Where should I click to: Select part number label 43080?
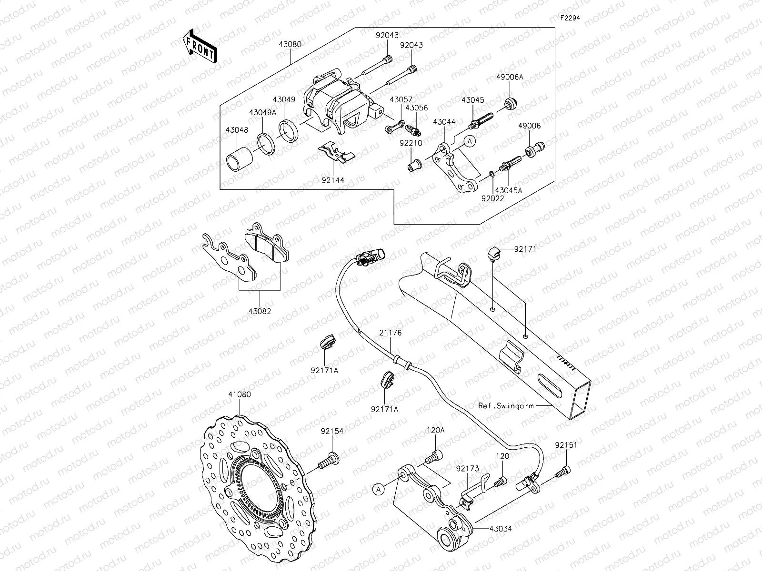(x=292, y=44)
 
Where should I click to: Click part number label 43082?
(x=260, y=311)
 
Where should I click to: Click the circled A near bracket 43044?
(x=470, y=141)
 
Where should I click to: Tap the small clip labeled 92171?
(x=494, y=253)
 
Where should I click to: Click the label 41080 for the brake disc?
(x=240, y=394)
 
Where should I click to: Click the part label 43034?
(x=500, y=529)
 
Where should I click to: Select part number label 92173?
(x=467, y=469)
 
